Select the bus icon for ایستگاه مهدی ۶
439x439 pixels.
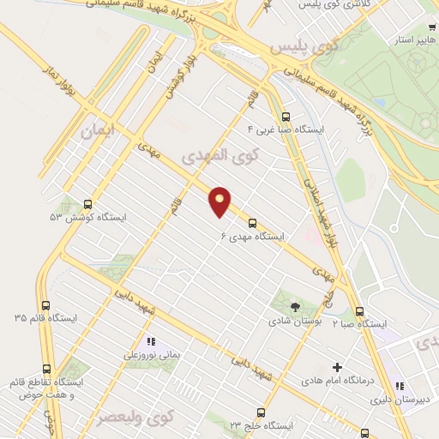tap(252, 220)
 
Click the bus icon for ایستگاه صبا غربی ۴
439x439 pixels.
tap(286, 117)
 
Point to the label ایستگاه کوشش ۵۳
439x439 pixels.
tap(87, 218)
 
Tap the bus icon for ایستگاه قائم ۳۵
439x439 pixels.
tap(45, 304)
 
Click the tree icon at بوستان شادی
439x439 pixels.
tap(294, 306)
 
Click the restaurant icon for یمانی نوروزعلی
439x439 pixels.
tap(151, 340)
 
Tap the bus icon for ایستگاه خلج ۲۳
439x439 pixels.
tap(262, 412)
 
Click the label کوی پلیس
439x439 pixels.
tap(300, 48)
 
